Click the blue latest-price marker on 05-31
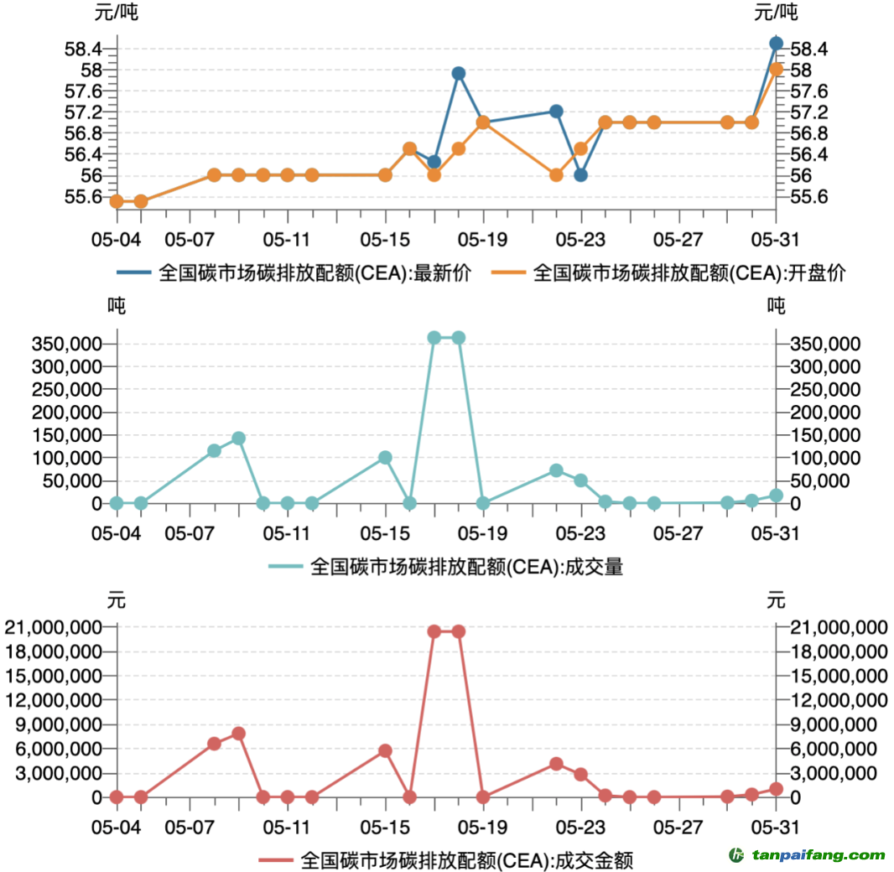[x=776, y=43]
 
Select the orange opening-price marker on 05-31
[x=776, y=69]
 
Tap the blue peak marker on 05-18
[x=459, y=73]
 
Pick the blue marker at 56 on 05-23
[x=580, y=174]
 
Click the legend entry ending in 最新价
[x=294, y=273]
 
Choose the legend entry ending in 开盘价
[x=668, y=273]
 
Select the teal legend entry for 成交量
[x=447, y=567]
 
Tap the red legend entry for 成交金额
[x=446, y=859]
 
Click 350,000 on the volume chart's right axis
[x=827, y=344]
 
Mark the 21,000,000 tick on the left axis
[x=55, y=627]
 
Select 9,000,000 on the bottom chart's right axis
[x=839, y=724]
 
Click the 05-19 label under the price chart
[x=482, y=240]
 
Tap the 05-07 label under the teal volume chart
[x=190, y=533]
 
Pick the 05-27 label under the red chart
[x=678, y=828]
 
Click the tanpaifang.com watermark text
[x=818, y=855]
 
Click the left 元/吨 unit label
[x=117, y=13]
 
